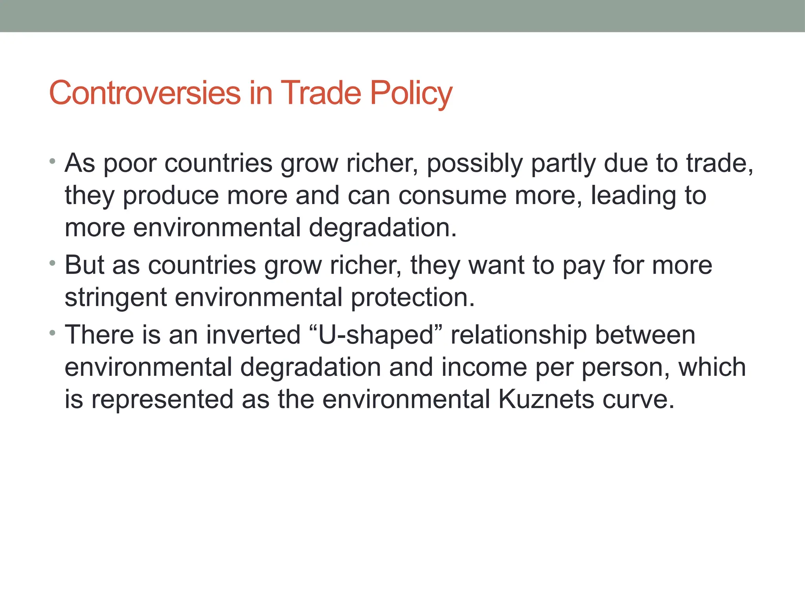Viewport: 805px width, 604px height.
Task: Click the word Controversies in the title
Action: pyautogui.click(x=145, y=93)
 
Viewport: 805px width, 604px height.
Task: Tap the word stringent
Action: pyautogui.click(x=116, y=298)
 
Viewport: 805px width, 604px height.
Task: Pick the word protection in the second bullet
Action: pyautogui.click(x=413, y=298)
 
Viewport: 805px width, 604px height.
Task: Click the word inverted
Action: pyautogui.click(x=254, y=335)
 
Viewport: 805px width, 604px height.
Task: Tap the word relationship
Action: pyautogui.click(x=519, y=335)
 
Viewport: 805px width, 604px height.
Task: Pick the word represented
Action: pyautogui.click(x=162, y=400)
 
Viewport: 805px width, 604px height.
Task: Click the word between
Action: pyautogui.click(x=645, y=335)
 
